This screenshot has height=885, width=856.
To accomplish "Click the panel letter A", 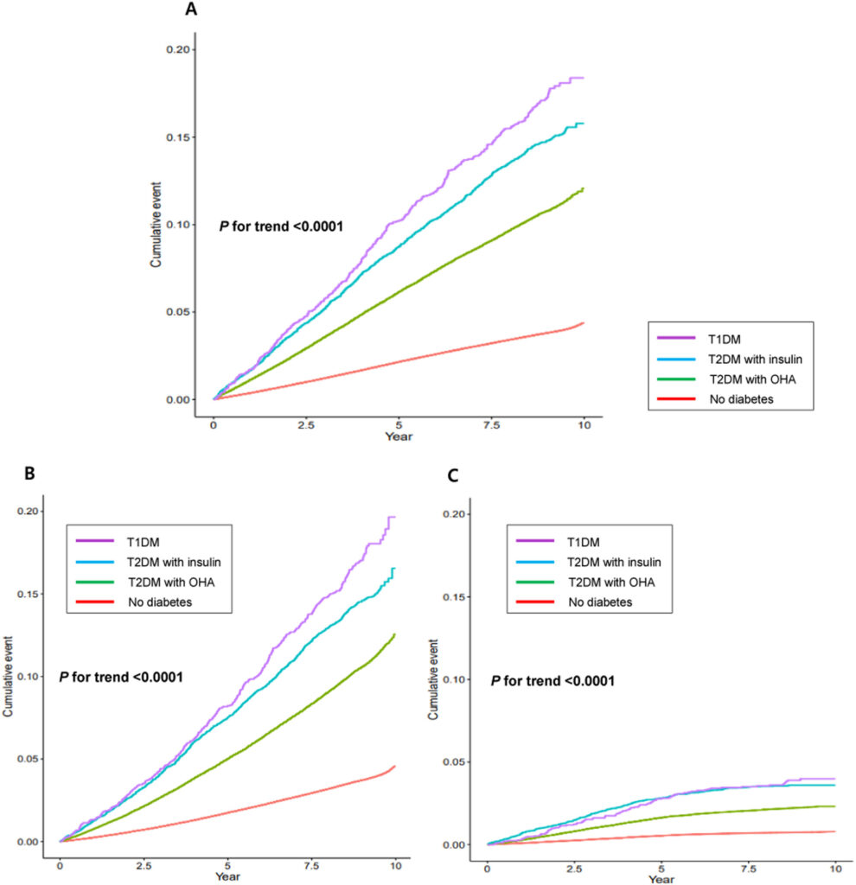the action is [191, 10].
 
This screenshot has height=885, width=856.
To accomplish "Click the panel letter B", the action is [29, 473].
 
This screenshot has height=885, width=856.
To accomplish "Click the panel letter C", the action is [453, 476].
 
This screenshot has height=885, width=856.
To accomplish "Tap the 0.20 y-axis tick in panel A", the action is [178, 49].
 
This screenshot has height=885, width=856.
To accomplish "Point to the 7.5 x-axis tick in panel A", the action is [492, 425].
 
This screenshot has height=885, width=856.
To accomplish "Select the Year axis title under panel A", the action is [399, 436].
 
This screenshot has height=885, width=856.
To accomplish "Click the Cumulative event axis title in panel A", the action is [156, 225].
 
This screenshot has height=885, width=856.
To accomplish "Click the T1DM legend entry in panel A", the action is [725, 339].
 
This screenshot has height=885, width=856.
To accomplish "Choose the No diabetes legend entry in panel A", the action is [741, 399].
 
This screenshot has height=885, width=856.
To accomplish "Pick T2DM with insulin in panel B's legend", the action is [174, 562].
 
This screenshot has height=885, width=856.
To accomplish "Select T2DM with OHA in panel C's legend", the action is [611, 583].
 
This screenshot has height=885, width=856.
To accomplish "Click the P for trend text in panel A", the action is [281, 226].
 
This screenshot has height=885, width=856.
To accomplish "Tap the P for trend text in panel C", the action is [553, 681].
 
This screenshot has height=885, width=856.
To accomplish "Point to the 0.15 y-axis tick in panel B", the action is [29, 594].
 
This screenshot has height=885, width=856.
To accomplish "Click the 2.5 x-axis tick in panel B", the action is [144, 866].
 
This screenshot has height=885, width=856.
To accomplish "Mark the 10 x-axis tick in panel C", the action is [835, 869].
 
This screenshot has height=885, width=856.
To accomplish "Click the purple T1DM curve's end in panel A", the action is [584, 78].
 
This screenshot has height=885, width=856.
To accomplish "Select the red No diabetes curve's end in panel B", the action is [394, 766].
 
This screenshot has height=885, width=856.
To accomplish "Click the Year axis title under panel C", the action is [661, 879].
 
